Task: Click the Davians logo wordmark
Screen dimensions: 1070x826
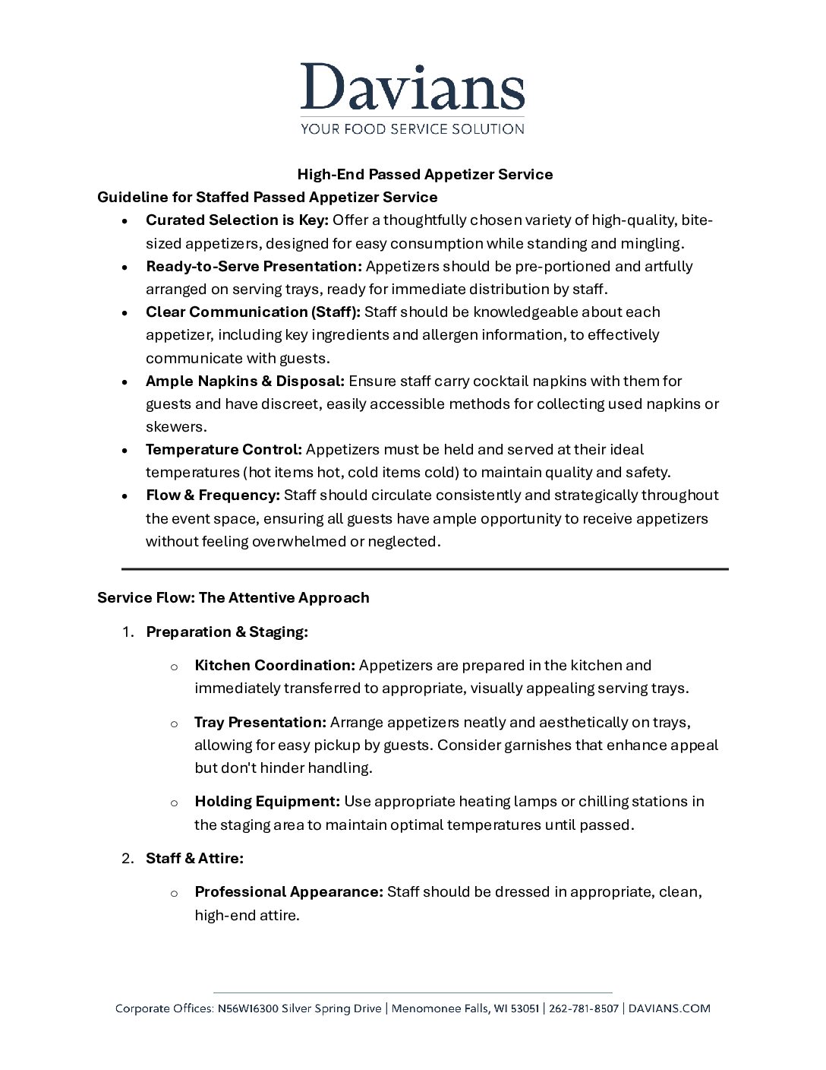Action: (412, 87)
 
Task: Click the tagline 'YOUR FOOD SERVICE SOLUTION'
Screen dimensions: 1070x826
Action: (412, 129)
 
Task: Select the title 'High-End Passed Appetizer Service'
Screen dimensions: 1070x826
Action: (424, 174)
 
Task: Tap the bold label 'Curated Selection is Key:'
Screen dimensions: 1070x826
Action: (237, 220)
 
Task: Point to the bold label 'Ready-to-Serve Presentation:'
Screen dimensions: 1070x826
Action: (254, 266)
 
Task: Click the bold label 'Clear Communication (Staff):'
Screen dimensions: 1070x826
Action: (253, 312)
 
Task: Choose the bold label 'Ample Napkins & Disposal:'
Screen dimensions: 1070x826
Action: (245, 381)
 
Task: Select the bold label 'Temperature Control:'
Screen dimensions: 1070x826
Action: (224, 449)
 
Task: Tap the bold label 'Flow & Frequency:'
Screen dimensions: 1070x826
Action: (213, 495)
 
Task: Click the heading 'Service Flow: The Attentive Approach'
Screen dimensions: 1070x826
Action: (233, 597)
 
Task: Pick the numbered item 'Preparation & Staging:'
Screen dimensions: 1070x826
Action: (226, 632)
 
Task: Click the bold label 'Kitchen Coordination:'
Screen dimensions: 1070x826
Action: (275, 665)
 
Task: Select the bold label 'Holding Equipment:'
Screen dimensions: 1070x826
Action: (267, 801)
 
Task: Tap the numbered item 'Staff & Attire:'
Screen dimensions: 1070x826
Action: (194, 858)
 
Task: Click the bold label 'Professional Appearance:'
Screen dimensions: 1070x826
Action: (288, 891)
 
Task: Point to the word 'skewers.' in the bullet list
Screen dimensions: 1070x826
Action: (176, 427)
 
